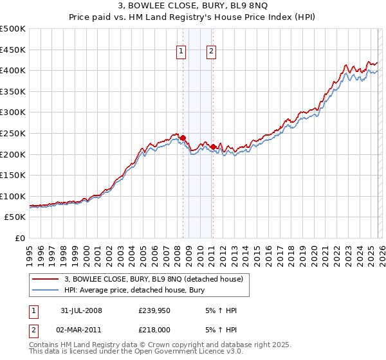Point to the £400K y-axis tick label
click(13, 70)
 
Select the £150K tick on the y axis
click(13, 175)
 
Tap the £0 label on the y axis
click(21, 238)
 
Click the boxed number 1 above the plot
click(181, 53)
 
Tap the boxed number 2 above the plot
click(211, 53)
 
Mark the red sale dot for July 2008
click(183, 138)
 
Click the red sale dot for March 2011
click(213, 147)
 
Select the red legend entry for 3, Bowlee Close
click(153, 279)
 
